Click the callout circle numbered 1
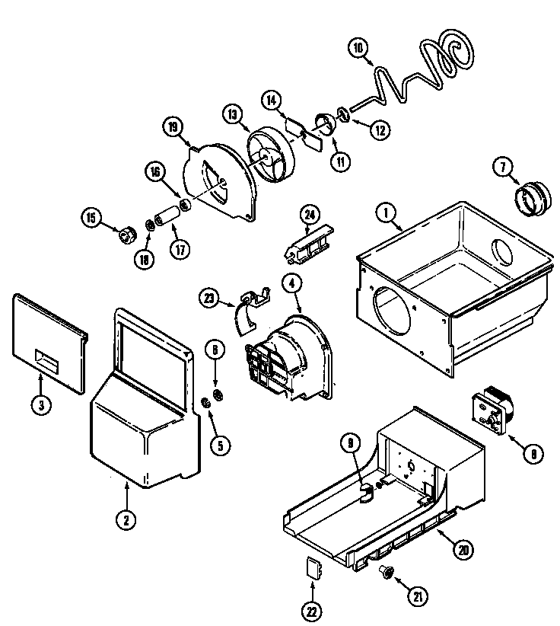pyautogui.click(x=389, y=216)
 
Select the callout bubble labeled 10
pyautogui.click(x=359, y=48)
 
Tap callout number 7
pyautogui.click(x=502, y=166)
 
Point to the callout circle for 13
pyautogui.click(x=233, y=113)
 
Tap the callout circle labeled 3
pyautogui.click(x=40, y=405)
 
